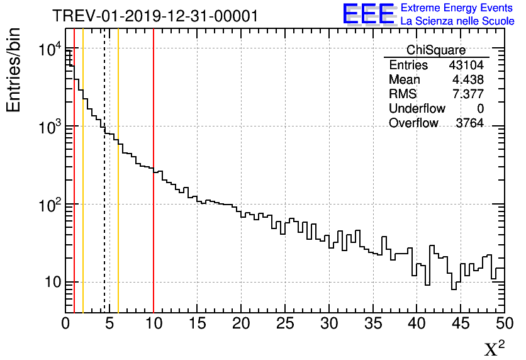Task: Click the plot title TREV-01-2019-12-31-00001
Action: (155, 16)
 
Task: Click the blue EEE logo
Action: (368, 14)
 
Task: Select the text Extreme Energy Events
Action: (457, 8)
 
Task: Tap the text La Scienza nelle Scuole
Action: (457, 21)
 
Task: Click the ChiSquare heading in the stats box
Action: (436, 50)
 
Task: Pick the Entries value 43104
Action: (466, 65)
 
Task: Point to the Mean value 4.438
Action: (468, 80)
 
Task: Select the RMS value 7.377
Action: (468, 94)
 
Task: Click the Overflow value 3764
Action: (469, 123)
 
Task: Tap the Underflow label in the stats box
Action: (417, 109)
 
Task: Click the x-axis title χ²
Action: (495, 348)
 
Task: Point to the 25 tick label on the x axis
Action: (285, 323)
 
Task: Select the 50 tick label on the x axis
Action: (504, 323)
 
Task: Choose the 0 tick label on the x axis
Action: (65, 323)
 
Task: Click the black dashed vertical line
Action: (104, 189)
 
